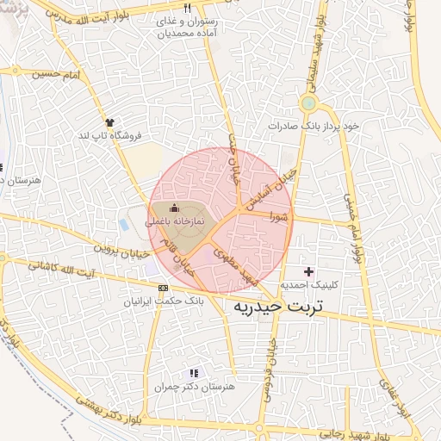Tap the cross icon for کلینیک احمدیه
click(308, 272)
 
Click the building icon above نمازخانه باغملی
click(175, 208)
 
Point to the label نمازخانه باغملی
click(174, 221)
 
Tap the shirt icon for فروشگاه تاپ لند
click(109, 122)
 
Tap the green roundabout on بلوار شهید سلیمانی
click(307, 104)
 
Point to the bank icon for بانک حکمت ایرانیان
click(164, 287)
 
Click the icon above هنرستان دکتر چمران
click(194, 373)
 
